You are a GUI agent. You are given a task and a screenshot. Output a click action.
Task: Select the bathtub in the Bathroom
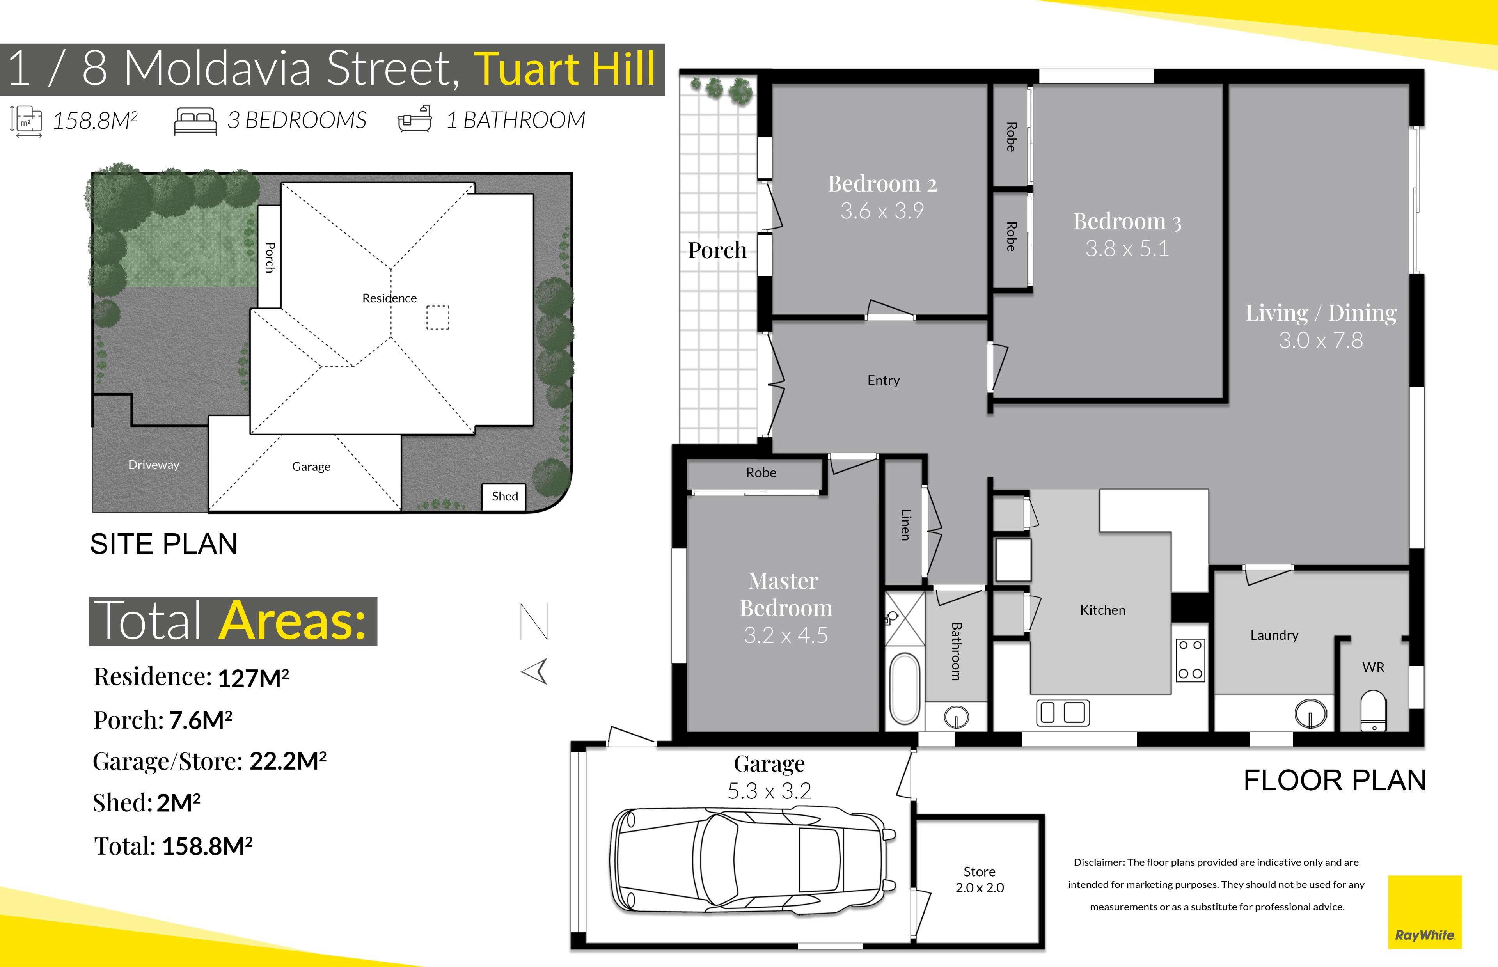point(904,689)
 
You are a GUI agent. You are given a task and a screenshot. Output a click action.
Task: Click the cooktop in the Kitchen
point(1190,660)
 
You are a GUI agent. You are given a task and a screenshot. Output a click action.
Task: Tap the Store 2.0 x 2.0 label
point(980,880)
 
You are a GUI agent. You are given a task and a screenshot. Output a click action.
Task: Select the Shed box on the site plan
point(504,497)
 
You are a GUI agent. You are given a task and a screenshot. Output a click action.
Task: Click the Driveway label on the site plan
point(154,465)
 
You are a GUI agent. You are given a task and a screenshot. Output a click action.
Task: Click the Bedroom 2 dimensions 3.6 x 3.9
point(882,211)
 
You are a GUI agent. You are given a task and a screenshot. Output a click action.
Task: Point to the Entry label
point(883,381)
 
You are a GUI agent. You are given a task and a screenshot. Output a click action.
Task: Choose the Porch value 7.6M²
point(200,720)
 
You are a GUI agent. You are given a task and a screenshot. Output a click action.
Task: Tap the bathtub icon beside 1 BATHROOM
point(415,118)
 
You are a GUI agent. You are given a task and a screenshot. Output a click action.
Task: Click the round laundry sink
point(1311,713)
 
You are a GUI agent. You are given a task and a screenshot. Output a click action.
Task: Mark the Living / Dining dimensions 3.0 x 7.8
point(1321,340)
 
